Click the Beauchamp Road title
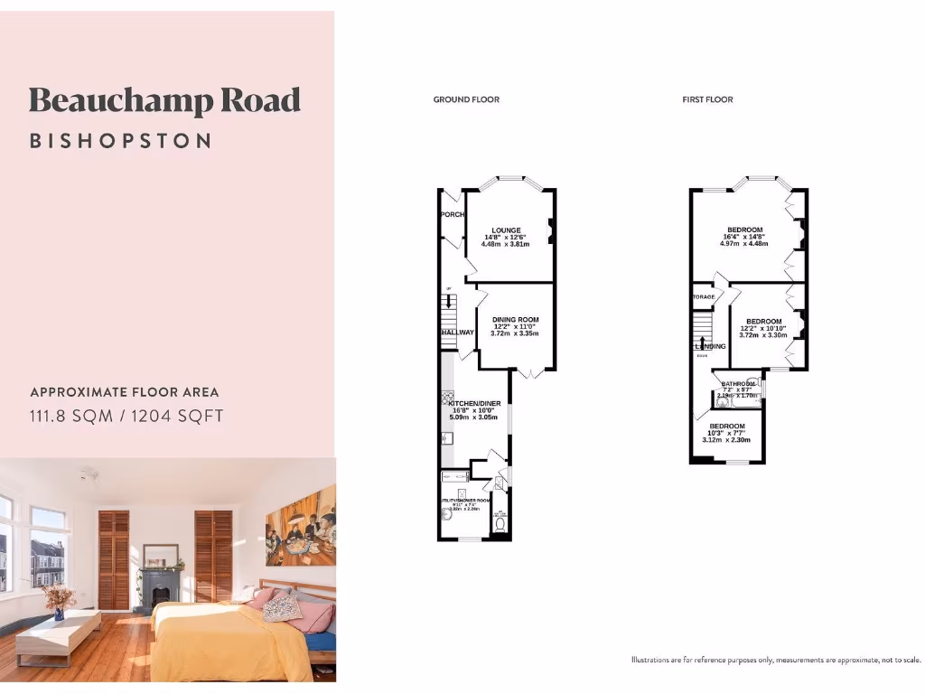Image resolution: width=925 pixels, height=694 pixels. [164, 100]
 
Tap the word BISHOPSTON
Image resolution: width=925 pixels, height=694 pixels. [120, 141]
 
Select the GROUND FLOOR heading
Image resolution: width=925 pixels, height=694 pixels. [466, 99]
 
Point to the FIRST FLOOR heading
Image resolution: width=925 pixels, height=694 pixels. [707, 99]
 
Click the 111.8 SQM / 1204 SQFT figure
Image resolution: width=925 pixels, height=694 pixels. [126, 416]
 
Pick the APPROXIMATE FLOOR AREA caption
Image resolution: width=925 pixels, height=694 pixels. [125, 392]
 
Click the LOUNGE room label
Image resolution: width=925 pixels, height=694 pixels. [506, 230]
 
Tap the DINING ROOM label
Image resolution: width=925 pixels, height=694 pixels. [516, 320]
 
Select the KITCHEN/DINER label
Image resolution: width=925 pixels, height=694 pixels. [474, 403]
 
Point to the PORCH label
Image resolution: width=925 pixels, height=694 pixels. [452, 214]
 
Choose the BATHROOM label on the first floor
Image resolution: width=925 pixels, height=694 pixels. [737, 384]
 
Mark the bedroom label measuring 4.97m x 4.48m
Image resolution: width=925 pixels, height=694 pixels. [745, 230]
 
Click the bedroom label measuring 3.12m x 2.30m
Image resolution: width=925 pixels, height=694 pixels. [727, 427]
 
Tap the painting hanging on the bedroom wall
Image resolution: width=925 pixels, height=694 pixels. [301, 525]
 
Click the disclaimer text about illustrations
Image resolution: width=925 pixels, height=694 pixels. [776, 660]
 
